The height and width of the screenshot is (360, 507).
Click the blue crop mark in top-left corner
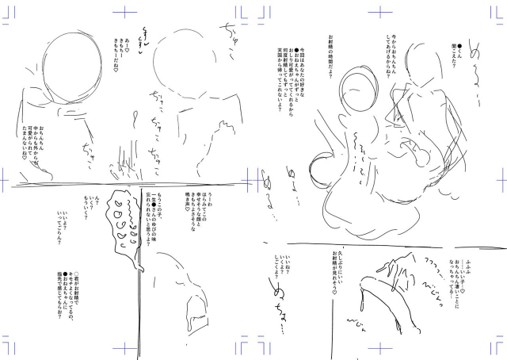10,10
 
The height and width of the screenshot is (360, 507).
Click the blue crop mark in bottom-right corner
497,349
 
